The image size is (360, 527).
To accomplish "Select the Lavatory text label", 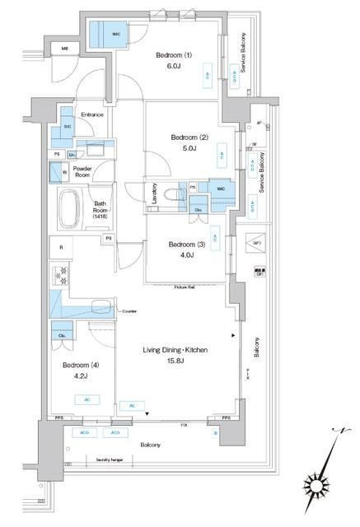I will tap(154, 194).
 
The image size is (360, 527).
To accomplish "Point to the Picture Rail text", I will tap(185, 287).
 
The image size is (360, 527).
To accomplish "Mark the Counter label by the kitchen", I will tap(128, 311).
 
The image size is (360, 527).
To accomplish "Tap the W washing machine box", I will tap(56, 173).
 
